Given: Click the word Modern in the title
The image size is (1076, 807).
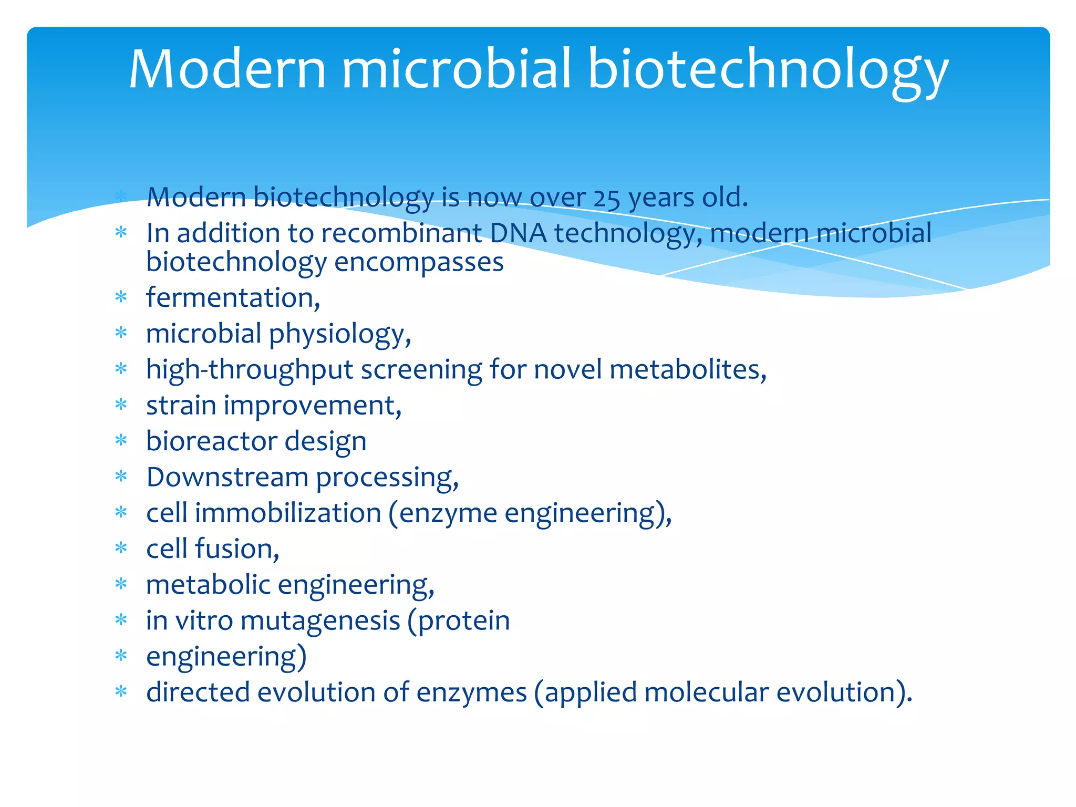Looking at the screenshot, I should [x=227, y=69].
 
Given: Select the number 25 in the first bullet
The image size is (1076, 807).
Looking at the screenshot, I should [x=607, y=198].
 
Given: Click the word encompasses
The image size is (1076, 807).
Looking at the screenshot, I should [x=419, y=262].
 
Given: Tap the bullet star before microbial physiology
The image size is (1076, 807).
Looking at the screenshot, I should [x=121, y=333].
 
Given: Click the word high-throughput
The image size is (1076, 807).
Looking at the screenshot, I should [x=250, y=369].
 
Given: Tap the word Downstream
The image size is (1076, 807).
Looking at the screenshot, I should [x=227, y=477].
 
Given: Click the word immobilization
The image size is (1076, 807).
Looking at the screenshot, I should [x=288, y=513].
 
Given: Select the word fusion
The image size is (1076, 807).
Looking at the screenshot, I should [x=236, y=549].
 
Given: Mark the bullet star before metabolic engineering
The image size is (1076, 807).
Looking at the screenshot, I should [x=121, y=584].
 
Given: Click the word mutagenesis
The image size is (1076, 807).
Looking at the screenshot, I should [x=320, y=620].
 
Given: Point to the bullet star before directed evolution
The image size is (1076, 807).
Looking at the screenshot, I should [x=121, y=692].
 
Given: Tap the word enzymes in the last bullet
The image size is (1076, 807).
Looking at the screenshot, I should [x=471, y=692].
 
